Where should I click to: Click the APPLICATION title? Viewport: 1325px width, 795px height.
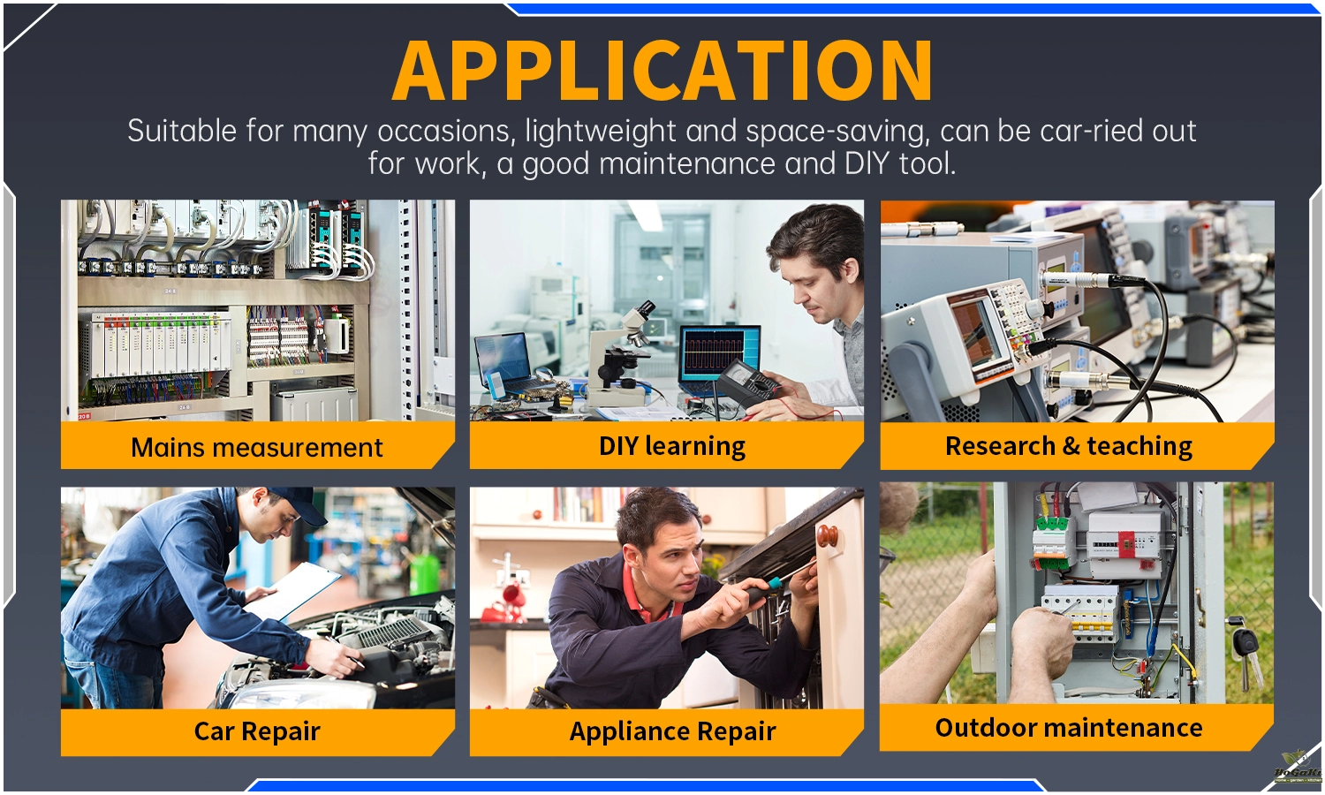click(662, 71)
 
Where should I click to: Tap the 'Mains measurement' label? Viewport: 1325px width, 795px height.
click(257, 447)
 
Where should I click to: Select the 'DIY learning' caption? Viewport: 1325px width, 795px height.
click(672, 447)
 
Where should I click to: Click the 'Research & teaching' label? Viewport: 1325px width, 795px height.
click(1068, 446)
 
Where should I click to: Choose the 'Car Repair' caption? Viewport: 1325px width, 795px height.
click(257, 731)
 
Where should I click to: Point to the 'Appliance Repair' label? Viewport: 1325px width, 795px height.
click(672, 731)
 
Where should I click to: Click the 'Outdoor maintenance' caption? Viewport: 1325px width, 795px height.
click(1068, 728)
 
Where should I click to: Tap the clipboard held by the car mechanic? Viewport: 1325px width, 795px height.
click(291, 591)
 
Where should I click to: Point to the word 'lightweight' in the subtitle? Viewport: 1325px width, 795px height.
click(601, 132)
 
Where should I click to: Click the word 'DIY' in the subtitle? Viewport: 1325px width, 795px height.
click(866, 163)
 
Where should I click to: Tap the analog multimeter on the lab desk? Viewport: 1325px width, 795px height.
click(749, 384)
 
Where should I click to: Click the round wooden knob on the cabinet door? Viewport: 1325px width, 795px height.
click(827, 536)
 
